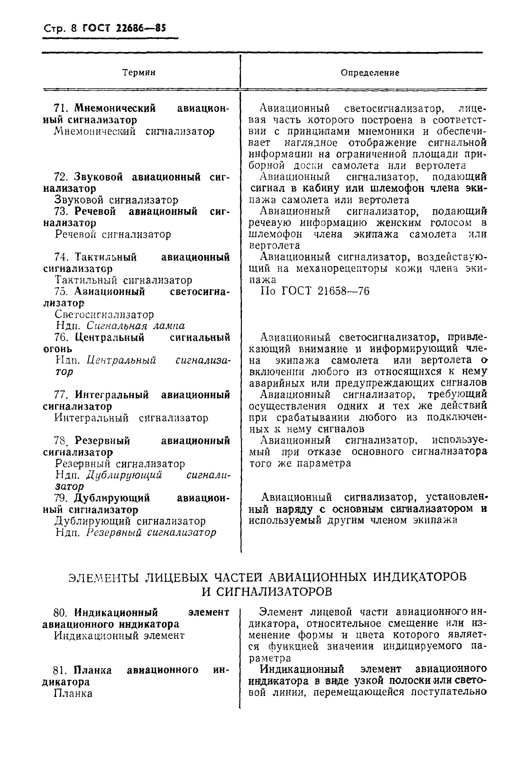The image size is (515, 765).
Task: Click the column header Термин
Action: pyautogui.click(x=139, y=73)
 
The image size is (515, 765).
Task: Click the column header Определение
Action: pyautogui.click(x=370, y=73)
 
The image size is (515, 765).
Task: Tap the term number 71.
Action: pyautogui.click(x=60, y=108)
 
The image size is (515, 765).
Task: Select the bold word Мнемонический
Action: pyautogui.click(x=115, y=108)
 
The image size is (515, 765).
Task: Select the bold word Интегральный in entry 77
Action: pyautogui.click(x=112, y=395)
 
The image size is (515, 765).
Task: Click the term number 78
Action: pyautogui.click(x=61, y=441)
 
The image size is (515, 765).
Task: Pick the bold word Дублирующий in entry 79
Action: pyautogui.click(x=112, y=498)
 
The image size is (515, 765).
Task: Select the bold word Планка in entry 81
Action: pyautogui.click(x=93, y=670)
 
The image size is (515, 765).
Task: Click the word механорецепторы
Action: pyautogui.click(x=341, y=269)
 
